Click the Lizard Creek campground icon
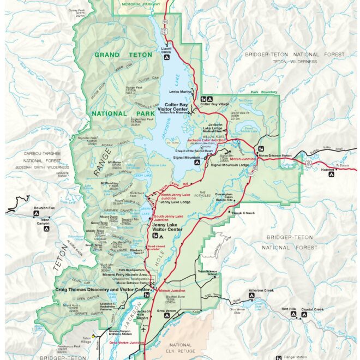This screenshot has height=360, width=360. coord(165,56)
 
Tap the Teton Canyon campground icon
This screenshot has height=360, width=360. coord(44,229)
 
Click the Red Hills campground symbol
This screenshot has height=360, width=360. coord(292,315)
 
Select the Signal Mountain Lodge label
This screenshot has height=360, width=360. coord(233,165)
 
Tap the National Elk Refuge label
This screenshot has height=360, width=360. coord(180,349)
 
